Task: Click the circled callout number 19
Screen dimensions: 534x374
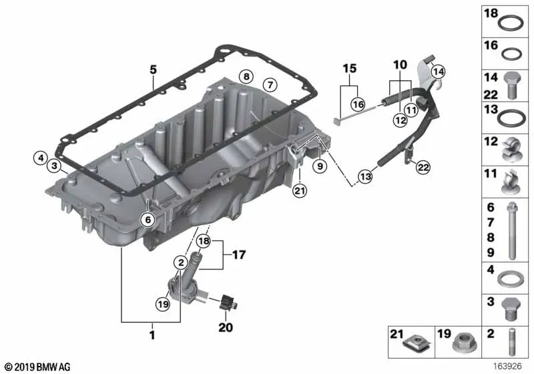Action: (x=163, y=304)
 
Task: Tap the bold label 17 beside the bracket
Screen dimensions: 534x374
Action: (x=239, y=254)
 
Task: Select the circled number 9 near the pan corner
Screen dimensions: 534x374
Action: (x=320, y=166)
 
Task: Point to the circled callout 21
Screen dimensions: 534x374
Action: (x=300, y=191)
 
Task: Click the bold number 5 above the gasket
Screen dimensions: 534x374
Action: (x=154, y=69)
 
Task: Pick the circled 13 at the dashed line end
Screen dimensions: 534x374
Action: (x=365, y=176)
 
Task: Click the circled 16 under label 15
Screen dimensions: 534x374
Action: (x=358, y=104)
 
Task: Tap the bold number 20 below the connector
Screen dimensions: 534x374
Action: (x=226, y=327)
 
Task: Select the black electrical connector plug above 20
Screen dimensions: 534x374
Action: (x=228, y=302)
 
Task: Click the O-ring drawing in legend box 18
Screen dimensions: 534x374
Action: (x=510, y=24)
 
